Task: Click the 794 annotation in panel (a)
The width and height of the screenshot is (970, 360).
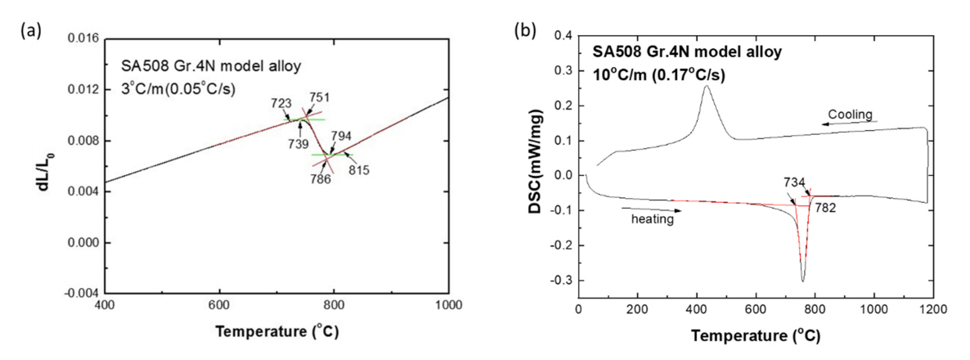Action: (341, 136)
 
